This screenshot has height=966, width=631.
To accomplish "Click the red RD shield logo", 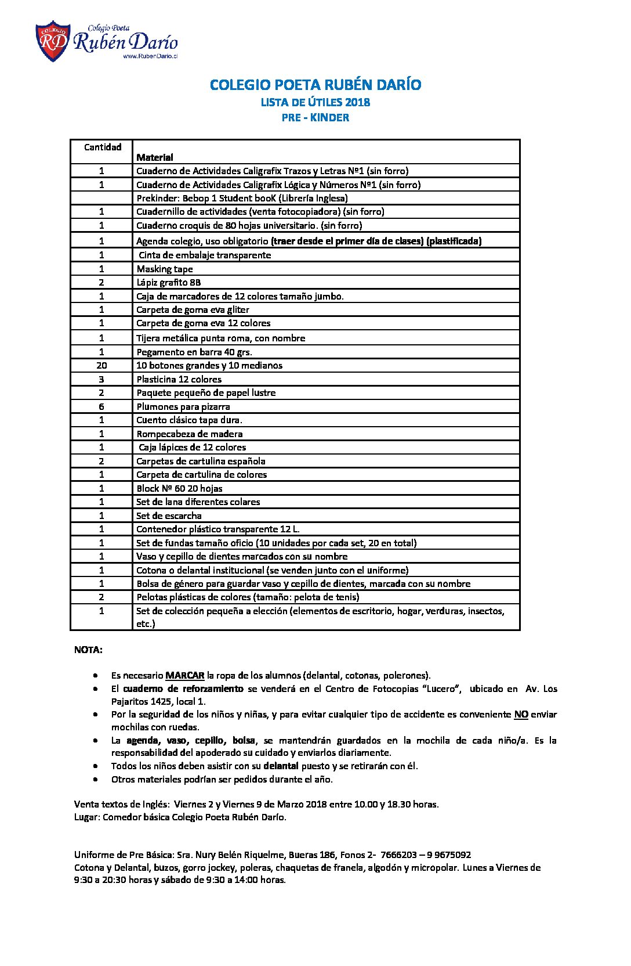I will click(x=53, y=41).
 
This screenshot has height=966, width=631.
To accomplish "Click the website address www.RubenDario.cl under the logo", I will click(x=150, y=56).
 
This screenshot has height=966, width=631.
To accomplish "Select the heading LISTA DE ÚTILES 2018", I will click(x=315, y=102).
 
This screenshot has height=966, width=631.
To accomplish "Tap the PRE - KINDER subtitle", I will click(x=315, y=117).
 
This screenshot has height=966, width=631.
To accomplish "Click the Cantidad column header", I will click(x=102, y=147).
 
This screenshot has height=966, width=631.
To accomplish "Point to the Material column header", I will click(x=155, y=157).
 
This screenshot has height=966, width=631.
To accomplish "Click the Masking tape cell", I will click(x=165, y=269).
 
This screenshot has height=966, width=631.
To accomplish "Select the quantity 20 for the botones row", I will click(x=101, y=365).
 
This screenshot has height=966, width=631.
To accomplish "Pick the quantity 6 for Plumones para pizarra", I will click(x=101, y=406).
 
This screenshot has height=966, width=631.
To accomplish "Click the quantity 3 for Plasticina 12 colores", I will click(x=101, y=379).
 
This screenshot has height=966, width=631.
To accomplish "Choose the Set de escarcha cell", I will click(x=169, y=516).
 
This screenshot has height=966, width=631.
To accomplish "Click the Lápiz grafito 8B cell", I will click(x=169, y=282).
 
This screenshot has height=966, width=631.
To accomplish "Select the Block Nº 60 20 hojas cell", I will click(x=179, y=488).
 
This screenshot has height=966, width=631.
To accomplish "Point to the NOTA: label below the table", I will click(x=88, y=650).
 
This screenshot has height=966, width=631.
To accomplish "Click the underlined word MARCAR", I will click(x=184, y=675).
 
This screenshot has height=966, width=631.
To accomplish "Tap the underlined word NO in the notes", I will click(x=521, y=714).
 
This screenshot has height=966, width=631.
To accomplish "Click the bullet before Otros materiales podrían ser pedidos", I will click(x=95, y=779).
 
